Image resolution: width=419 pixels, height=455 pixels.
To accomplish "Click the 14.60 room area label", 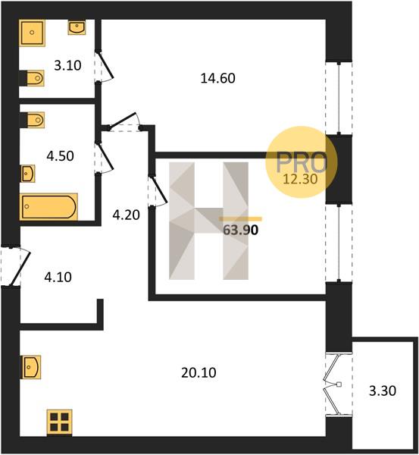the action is (217, 78).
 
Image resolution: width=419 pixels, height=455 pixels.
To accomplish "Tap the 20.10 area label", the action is (199, 372).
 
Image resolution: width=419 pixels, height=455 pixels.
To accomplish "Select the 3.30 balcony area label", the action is (383, 391).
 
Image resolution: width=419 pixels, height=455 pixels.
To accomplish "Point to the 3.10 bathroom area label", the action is (67, 65).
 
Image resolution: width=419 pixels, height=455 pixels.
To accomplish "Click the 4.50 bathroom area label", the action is (61, 156).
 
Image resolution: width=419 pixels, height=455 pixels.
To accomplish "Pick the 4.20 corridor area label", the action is (126, 215).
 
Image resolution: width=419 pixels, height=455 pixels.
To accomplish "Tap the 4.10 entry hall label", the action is (58, 277).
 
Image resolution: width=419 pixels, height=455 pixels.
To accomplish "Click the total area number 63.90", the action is (241, 230).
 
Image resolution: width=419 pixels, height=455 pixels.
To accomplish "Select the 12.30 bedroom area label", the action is (300, 179).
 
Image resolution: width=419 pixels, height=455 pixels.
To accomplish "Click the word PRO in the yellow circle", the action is (302, 162).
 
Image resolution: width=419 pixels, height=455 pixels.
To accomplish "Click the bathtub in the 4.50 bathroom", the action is (48, 207).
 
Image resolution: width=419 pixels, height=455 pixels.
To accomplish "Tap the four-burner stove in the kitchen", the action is (59, 422).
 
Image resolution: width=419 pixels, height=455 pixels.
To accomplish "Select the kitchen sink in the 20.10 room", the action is (30, 367).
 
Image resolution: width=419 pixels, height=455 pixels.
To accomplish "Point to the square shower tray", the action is (32, 33).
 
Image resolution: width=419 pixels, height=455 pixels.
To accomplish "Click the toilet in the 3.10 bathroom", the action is (33, 78).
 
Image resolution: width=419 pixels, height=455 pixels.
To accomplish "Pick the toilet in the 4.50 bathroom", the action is (33, 120).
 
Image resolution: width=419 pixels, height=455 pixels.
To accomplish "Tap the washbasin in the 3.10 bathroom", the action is (77, 27).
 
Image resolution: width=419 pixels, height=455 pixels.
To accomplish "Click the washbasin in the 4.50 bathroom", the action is (27, 174).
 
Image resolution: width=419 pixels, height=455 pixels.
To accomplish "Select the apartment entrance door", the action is (16, 266).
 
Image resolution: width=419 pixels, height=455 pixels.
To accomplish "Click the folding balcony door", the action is (333, 384).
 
